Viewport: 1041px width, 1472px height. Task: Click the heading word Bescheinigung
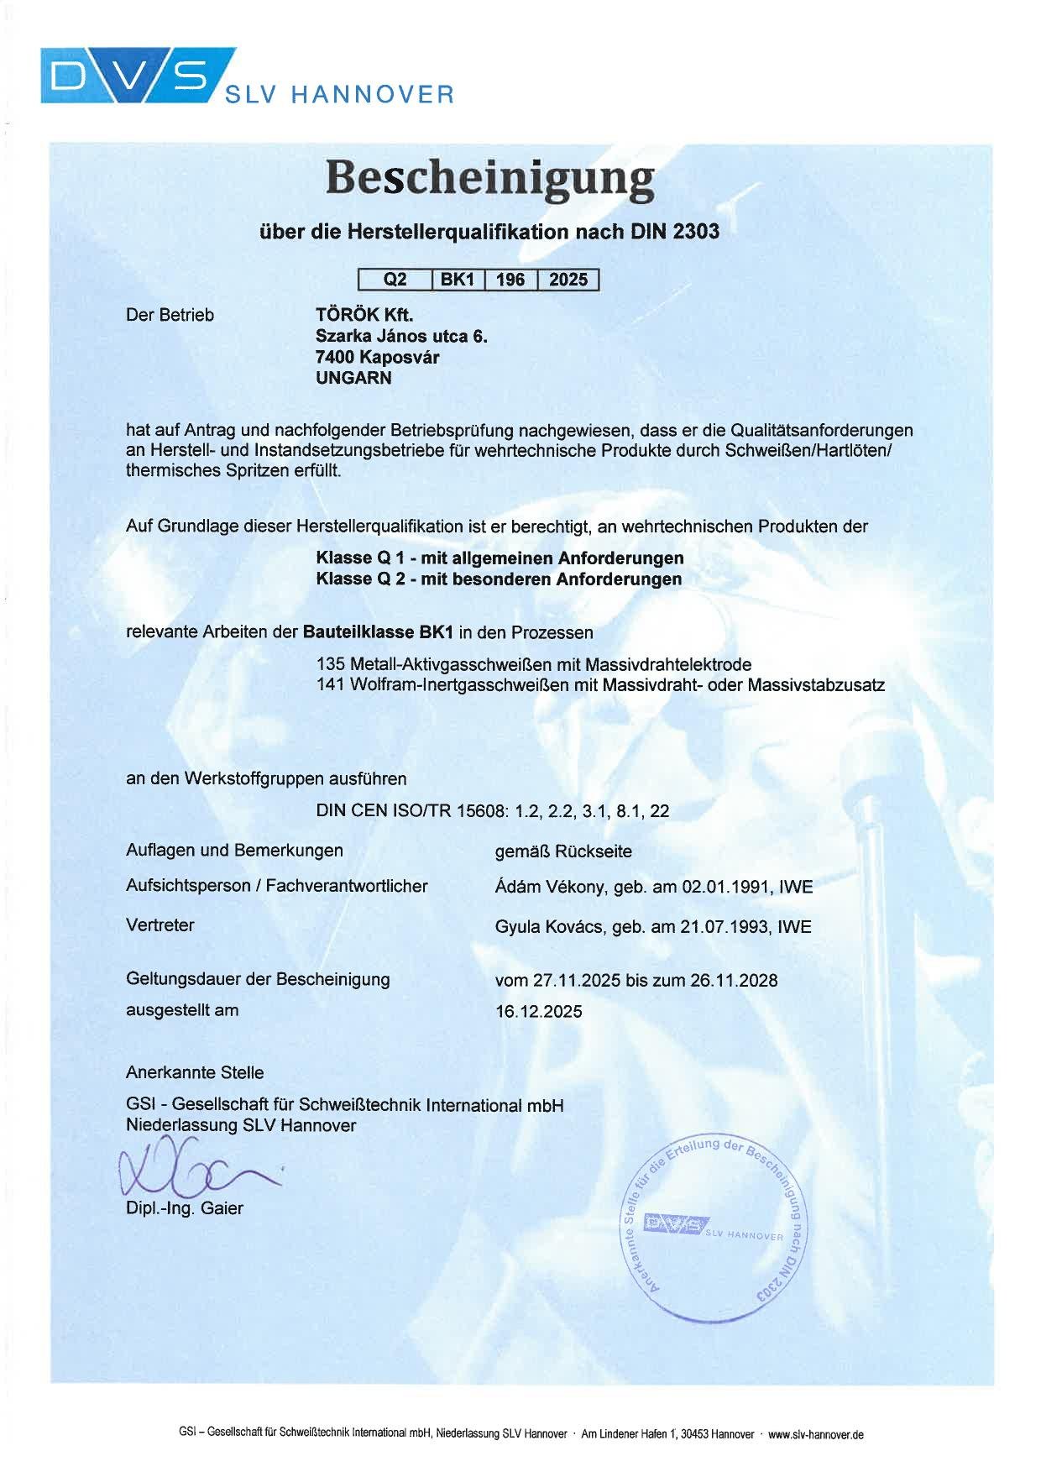(489, 179)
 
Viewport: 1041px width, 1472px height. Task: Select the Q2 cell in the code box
(395, 280)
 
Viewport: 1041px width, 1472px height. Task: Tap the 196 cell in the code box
(510, 280)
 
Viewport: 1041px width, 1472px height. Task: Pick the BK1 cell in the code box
(458, 280)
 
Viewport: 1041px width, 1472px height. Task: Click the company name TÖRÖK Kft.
(364, 315)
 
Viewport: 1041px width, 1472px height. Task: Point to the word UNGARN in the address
(353, 378)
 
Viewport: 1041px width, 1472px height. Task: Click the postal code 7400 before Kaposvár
(335, 357)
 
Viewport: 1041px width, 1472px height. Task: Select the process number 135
(330, 664)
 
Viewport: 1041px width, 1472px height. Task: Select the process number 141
(330, 684)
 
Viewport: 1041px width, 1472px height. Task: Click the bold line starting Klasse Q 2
(499, 579)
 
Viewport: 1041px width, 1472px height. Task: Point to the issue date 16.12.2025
(538, 1011)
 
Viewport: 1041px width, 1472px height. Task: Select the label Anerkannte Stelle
(195, 1072)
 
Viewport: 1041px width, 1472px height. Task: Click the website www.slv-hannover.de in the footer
(815, 1434)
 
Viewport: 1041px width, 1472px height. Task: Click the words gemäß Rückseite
(563, 851)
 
